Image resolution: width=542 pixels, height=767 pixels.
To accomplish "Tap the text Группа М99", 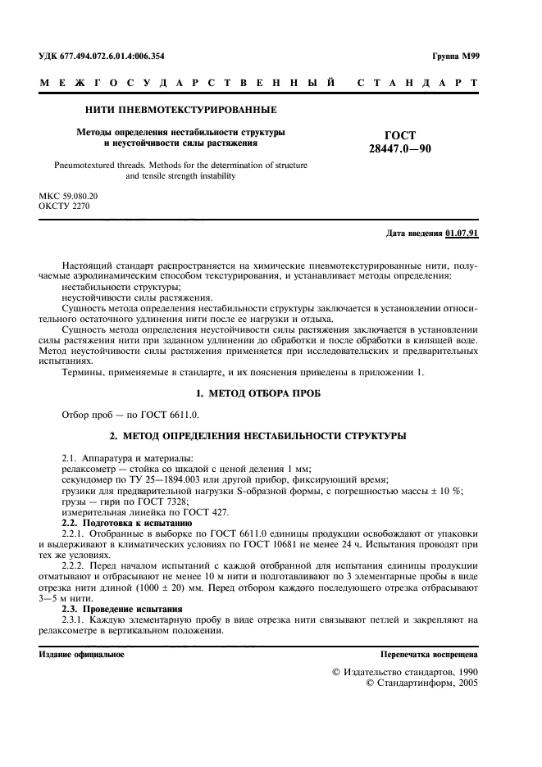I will coord(454,56).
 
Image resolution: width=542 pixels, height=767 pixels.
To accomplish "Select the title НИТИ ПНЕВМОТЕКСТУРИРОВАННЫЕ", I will coord(180,109).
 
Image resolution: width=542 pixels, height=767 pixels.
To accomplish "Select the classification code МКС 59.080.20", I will coord(68,197).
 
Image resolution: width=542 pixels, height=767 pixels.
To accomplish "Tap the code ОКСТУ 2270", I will coord(64,206).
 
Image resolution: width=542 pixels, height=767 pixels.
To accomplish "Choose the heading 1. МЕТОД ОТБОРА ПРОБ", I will coord(270,393).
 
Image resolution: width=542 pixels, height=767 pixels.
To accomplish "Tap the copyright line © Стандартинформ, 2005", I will coord(421,682).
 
